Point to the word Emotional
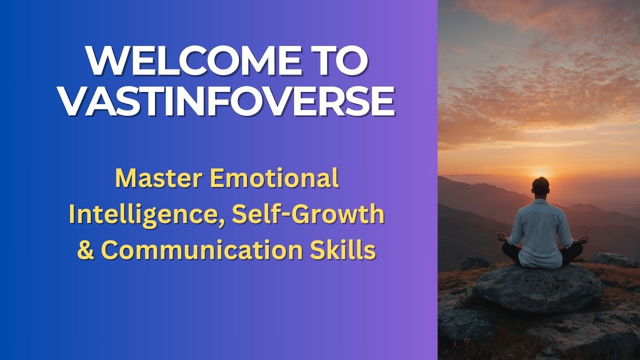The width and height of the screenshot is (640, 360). click(x=274, y=179)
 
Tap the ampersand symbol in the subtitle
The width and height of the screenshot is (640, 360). click(x=86, y=250)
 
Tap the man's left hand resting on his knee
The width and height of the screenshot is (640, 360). click(x=502, y=236)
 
